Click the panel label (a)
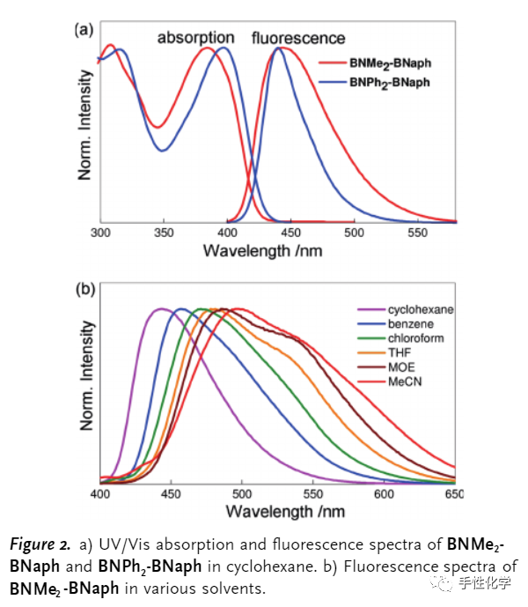(x=83, y=29)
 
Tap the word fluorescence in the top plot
(x=298, y=38)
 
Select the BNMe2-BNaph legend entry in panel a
(x=393, y=63)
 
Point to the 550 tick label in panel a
(x=417, y=233)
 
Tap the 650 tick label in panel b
(x=454, y=495)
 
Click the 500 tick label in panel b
(x=242, y=495)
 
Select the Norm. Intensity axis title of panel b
(x=86, y=374)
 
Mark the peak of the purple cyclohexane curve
(x=161, y=308)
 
